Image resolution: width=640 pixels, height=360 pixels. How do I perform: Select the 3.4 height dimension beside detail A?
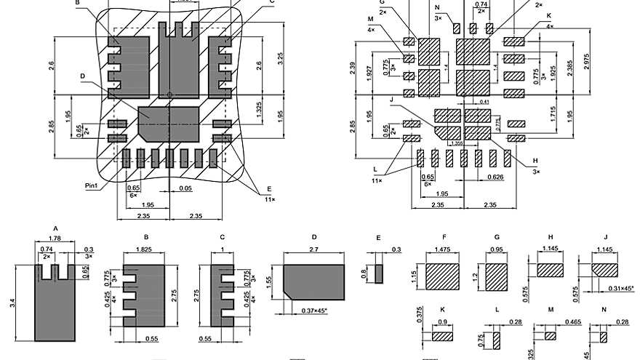(x=12, y=300)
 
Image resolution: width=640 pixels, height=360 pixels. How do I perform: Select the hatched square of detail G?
(x=497, y=276)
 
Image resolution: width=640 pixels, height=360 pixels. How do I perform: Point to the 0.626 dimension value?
(x=496, y=177)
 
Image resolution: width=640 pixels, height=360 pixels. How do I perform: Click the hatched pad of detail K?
(x=443, y=337)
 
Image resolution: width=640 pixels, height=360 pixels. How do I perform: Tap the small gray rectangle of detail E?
(x=379, y=275)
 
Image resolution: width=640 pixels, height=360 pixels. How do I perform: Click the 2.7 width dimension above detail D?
(x=313, y=250)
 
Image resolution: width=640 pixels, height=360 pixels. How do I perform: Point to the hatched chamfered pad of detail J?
(x=604, y=269)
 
